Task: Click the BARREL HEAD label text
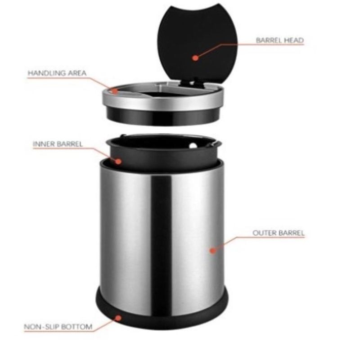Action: [280, 40]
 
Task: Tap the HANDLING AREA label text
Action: [57, 73]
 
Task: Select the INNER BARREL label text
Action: [58, 144]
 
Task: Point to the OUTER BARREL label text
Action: [279, 233]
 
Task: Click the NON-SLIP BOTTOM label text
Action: [58, 327]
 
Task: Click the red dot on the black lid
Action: [195, 58]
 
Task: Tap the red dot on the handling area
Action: [115, 91]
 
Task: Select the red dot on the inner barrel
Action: [118, 162]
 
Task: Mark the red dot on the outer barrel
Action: [213, 251]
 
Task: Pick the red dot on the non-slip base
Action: [118, 318]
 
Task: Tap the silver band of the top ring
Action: [162, 103]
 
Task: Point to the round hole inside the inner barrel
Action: [193, 145]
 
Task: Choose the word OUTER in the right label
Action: [264, 233]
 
